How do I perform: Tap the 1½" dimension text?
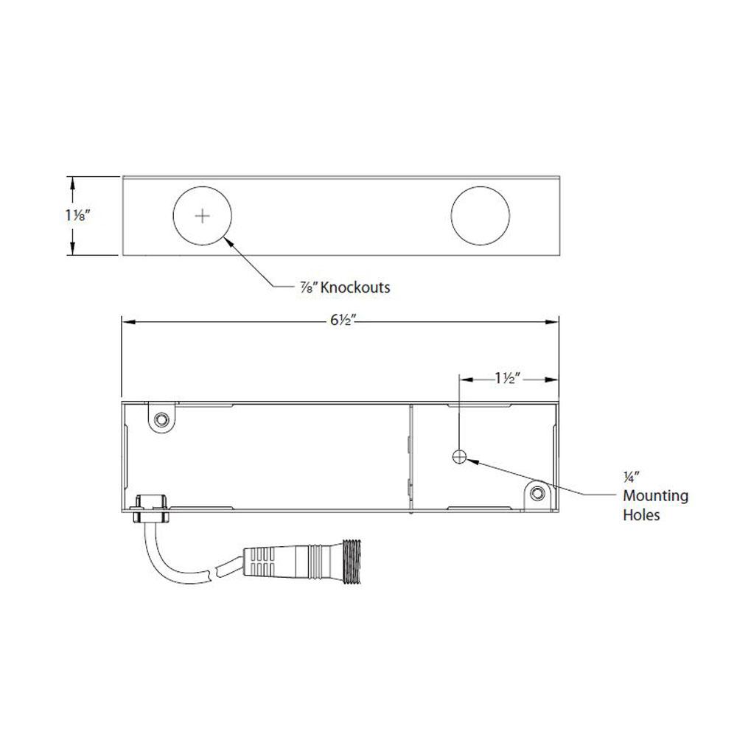click(507, 378)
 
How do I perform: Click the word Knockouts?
click(357, 287)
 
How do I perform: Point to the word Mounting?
click(656, 496)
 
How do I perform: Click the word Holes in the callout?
click(641, 514)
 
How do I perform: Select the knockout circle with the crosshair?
click(202, 216)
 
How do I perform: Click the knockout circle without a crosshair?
click(480, 216)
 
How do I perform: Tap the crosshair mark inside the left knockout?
click(202, 216)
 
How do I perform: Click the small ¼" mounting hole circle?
click(459, 457)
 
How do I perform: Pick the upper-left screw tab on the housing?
click(160, 419)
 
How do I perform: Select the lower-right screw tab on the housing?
click(537, 493)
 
